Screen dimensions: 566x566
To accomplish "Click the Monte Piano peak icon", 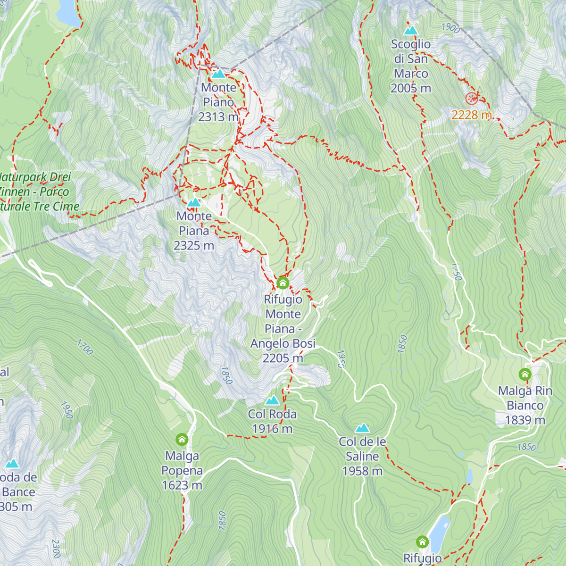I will click(x=218, y=74).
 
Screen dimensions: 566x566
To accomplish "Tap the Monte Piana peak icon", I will click(x=194, y=203).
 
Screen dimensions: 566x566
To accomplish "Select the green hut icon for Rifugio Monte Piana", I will click(x=283, y=283).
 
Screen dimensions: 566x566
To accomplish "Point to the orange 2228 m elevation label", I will click(x=472, y=115).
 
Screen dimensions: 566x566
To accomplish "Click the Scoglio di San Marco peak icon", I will click(x=411, y=31).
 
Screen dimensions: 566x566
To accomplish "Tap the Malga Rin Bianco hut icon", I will click(x=525, y=375).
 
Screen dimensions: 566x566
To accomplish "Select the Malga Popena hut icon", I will click(x=182, y=440).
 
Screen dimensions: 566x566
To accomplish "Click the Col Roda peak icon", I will click(x=272, y=400).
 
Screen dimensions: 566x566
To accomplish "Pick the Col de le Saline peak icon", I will click(x=362, y=428).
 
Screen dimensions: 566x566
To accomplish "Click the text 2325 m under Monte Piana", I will click(x=194, y=246).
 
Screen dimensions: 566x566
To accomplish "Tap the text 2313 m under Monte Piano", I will click(x=218, y=117).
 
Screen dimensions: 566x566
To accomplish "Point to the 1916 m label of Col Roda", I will click(x=272, y=429).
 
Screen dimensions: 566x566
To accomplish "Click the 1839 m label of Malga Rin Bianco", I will click(x=525, y=420).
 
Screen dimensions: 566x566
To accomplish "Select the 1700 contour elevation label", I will click(x=85, y=347).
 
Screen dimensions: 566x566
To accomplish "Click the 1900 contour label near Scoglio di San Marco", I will click(x=451, y=28).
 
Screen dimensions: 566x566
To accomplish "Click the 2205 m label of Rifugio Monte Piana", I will click(x=283, y=358).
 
